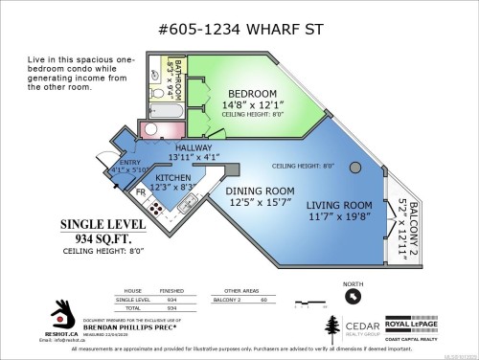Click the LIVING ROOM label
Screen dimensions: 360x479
339,205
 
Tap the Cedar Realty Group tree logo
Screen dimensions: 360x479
331,329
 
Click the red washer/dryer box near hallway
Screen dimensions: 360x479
150,128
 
